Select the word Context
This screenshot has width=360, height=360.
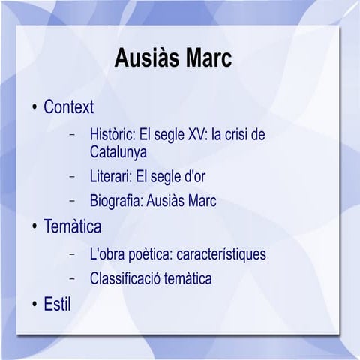68,107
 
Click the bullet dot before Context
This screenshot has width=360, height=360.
34,108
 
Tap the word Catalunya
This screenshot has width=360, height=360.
118,152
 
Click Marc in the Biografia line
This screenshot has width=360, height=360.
199,201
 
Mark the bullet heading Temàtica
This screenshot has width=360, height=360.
72,226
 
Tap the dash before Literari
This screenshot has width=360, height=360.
73,178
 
